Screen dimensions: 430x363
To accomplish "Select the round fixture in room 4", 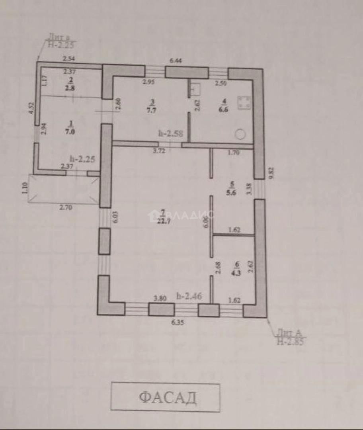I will (240, 135).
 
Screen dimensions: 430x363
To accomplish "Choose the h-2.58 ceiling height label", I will (170, 134).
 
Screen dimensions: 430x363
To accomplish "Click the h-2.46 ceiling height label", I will (189, 296).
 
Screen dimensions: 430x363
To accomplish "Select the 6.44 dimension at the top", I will (175, 61).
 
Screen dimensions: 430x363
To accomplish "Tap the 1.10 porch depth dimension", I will (23, 188).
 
